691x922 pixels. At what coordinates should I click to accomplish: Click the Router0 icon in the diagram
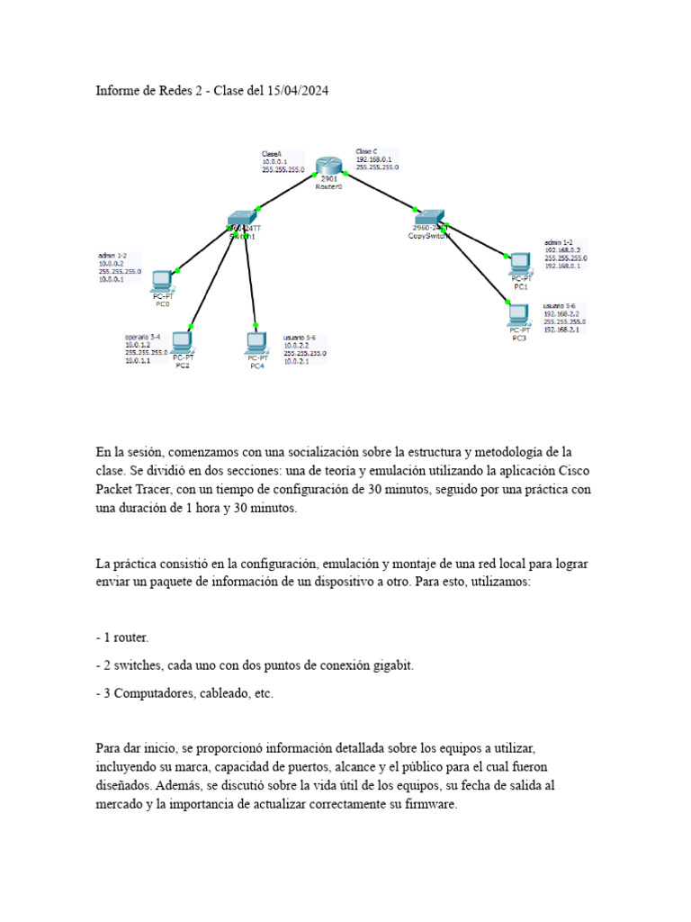click(330, 166)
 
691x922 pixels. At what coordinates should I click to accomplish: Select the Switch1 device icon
click(241, 217)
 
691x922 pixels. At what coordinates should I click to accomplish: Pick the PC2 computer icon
click(183, 342)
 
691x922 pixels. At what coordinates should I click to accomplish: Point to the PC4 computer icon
click(256, 343)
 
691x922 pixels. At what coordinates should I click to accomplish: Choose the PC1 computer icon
click(520, 264)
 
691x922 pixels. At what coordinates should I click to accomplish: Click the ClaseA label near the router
click(272, 154)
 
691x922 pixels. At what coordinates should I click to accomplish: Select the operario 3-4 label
click(143, 338)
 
